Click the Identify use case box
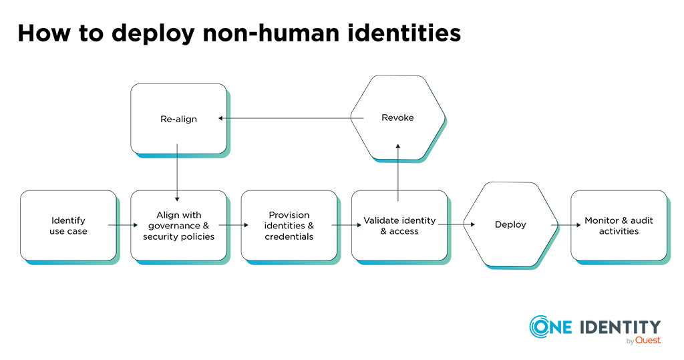[x=69, y=226]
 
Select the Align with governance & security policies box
[x=179, y=226]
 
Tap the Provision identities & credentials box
[x=289, y=226]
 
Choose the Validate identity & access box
[x=399, y=226]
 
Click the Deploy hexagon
[x=510, y=224]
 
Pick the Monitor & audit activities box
[x=619, y=226]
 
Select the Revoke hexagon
[x=398, y=118]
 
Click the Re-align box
[x=179, y=119]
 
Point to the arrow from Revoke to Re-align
[x=291, y=118]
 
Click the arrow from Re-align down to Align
[x=177, y=173]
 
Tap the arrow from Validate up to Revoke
[x=398, y=173]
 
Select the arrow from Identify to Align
[x=123, y=225]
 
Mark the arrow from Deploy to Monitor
[x=566, y=225]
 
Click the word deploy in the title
[x=153, y=33]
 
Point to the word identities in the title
[x=404, y=33]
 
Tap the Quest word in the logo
[x=648, y=341]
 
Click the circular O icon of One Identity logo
[x=539, y=327]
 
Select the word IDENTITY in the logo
[x=621, y=327]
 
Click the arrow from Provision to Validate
[x=347, y=225]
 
